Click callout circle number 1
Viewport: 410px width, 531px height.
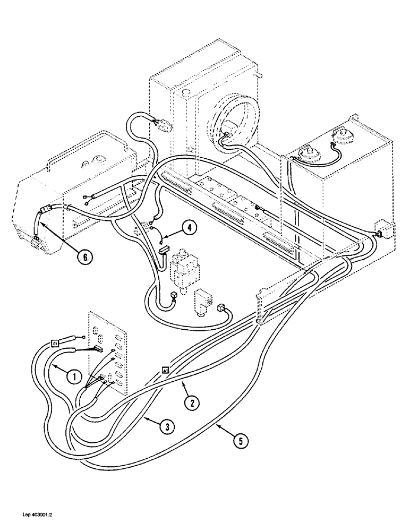[x=75, y=377]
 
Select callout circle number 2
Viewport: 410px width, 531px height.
[x=192, y=402]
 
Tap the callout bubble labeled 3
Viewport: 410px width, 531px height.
[x=166, y=426]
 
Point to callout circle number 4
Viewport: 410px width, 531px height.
[x=189, y=228]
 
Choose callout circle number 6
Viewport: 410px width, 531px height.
[x=83, y=258]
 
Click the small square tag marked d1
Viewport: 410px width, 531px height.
[x=54, y=344]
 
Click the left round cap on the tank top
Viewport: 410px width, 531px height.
[x=306, y=154]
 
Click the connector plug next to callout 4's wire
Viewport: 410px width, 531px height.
[x=163, y=249]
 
